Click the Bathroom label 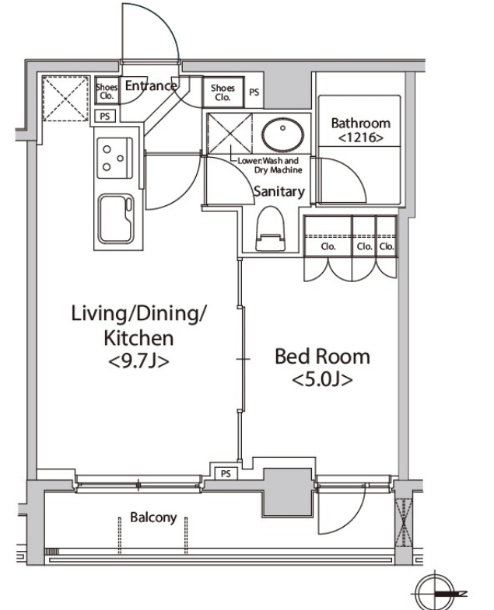[x=360, y=124]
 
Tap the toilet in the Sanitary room [x=270, y=228]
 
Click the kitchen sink [x=116, y=218]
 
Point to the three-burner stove [x=114, y=158]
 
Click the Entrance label [x=150, y=85]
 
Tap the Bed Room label [x=322, y=357]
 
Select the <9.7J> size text [x=138, y=362]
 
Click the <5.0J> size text [x=322, y=379]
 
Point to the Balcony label [x=153, y=518]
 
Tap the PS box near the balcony [x=226, y=473]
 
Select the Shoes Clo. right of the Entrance [x=222, y=92]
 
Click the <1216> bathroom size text [x=360, y=138]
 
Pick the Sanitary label [x=279, y=191]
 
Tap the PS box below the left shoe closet [x=105, y=116]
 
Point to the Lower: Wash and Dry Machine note [x=268, y=166]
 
